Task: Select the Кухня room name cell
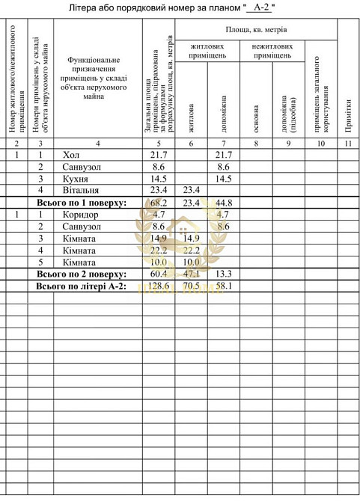coord(75,179)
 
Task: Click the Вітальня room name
coord(79,191)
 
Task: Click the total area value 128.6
coord(157,286)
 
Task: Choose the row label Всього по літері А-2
coord(81,287)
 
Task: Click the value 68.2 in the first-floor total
coord(157,203)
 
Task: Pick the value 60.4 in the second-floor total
coord(157,275)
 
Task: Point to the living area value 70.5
coord(192,286)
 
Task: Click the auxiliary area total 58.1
coord(223,286)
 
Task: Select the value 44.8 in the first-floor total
coord(223,203)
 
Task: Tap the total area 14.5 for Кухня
coord(157,179)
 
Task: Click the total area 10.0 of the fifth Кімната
coord(157,263)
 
